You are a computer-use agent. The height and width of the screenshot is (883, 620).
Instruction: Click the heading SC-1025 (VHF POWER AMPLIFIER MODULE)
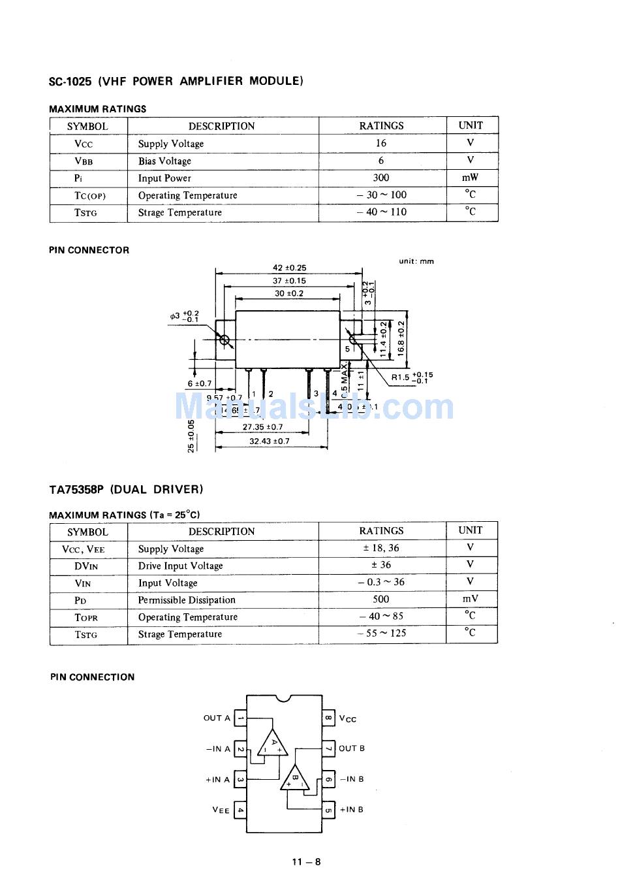point(176,81)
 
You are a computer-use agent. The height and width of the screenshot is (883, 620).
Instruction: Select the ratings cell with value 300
point(381,178)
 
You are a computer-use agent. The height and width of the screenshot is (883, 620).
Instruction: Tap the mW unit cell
point(470,177)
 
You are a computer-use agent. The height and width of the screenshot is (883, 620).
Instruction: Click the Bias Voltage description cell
point(164,161)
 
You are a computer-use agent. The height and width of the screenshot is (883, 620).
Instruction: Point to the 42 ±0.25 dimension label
point(289,268)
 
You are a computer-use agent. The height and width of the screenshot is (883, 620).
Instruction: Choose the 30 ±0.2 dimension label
point(288,294)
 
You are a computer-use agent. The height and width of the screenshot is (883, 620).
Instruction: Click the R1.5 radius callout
point(411,377)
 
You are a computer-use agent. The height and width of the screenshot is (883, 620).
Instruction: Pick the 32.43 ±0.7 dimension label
point(270,441)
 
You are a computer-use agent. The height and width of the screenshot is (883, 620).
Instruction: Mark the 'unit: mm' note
point(416,261)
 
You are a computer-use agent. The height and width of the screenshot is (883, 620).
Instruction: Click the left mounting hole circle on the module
point(225,340)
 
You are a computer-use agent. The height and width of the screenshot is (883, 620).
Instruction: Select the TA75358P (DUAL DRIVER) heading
point(126,489)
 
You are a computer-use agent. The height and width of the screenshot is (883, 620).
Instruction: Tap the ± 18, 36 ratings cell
point(381,548)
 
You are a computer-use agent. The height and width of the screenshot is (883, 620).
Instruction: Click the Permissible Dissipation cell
point(187,600)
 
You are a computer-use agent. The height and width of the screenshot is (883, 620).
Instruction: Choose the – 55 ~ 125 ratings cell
point(381,633)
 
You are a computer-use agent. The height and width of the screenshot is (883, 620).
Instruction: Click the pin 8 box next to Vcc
point(329,718)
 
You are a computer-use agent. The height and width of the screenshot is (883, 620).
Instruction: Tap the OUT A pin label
point(217,718)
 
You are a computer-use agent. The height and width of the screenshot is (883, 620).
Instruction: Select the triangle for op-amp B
point(295,778)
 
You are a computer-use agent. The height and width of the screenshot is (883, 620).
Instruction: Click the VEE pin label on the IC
point(221,810)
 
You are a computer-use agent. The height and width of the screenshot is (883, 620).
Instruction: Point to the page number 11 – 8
point(307,861)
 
